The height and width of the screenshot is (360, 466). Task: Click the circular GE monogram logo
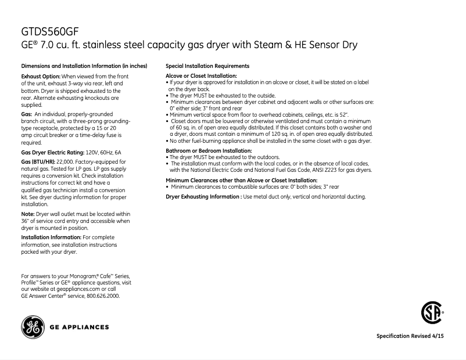click(x=32, y=327)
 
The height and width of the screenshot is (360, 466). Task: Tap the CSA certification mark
click(x=430, y=314)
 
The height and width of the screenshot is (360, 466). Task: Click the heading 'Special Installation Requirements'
click(x=207, y=66)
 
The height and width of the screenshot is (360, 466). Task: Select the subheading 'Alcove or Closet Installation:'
click(x=201, y=76)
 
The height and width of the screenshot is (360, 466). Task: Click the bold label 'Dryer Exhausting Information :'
click(x=203, y=197)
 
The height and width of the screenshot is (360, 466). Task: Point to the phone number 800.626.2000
click(x=102, y=296)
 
